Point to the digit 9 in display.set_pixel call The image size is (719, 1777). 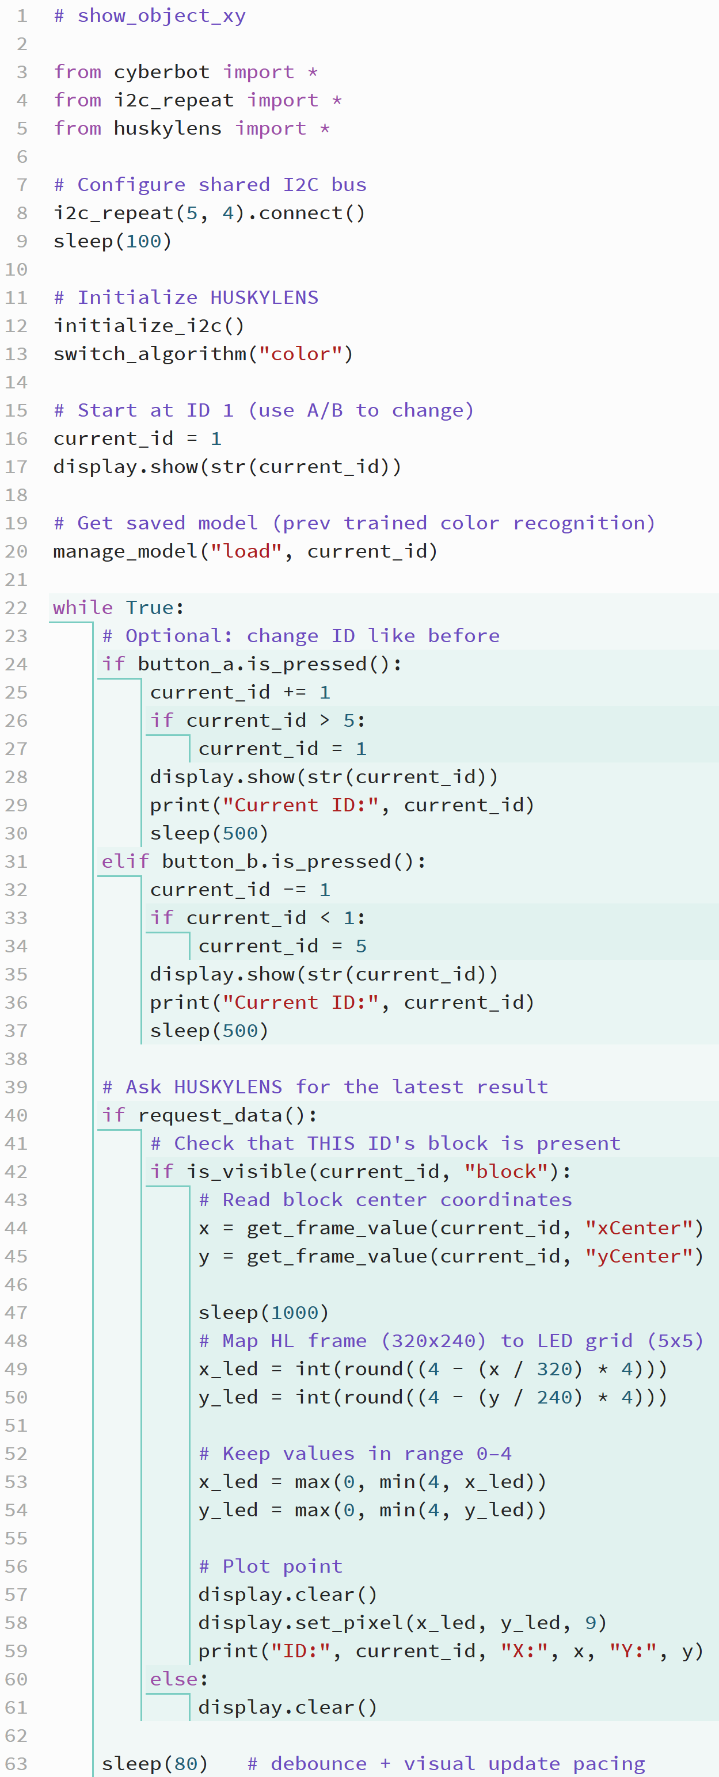coord(591,1622)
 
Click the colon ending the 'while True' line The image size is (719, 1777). coord(180,608)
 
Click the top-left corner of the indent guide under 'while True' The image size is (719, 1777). coord(50,622)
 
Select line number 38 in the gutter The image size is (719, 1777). coord(17,1059)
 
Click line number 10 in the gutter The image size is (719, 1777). coord(17,270)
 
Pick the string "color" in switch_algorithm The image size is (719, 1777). coord(301,354)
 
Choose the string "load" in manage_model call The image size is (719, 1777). coord(246,551)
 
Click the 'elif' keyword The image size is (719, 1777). coord(125,861)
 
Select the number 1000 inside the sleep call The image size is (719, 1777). coord(295,1313)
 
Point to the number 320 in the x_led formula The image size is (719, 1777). coord(555,1370)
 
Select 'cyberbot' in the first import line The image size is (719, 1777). coord(161,73)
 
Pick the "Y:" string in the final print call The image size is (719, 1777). coord(633,1651)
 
